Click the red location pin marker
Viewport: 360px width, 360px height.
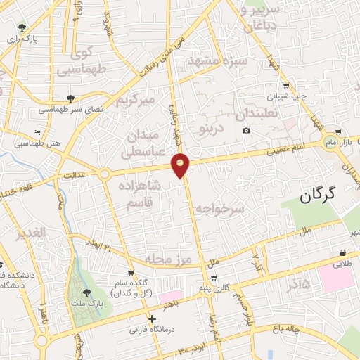(181, 165)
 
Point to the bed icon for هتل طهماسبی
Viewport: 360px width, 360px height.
(37, 132)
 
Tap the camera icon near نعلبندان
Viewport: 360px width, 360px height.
(246, 130)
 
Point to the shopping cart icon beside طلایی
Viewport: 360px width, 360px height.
(342, 252)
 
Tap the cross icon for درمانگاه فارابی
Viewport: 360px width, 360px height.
(153, 319)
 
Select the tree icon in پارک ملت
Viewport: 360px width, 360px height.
(86, 292)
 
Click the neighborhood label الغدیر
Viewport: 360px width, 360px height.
(32, 232)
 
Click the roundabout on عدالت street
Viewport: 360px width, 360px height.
(105, 174)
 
